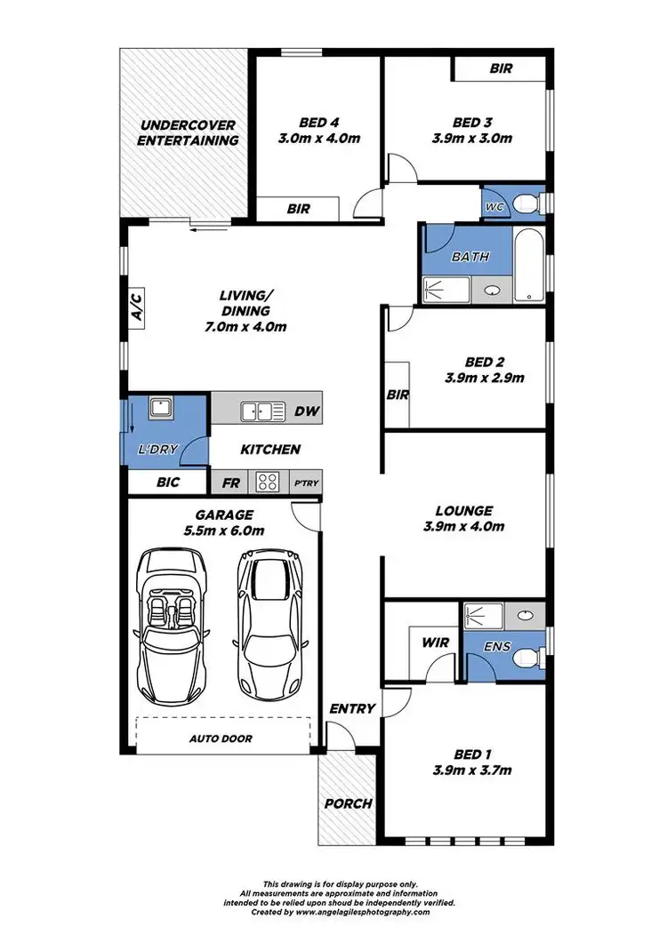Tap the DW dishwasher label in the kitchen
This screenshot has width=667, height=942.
tap(305, 412)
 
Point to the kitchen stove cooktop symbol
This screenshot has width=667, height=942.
tap(267, 482)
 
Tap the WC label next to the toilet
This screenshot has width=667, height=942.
tap(494, 206)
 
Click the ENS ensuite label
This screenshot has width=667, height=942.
tap(498, 646)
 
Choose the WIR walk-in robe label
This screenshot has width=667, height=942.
tap(436, 643)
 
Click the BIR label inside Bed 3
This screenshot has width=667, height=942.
tap(501, 68)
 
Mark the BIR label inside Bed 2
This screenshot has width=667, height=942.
tap(397, 395)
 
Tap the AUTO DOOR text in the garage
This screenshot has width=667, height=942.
tap(221, 738)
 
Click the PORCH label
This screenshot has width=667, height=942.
tap(348, 803)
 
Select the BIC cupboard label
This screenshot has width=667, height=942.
tap(167, 483)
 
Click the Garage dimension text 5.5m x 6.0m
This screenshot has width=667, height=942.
tap(223, 531)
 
